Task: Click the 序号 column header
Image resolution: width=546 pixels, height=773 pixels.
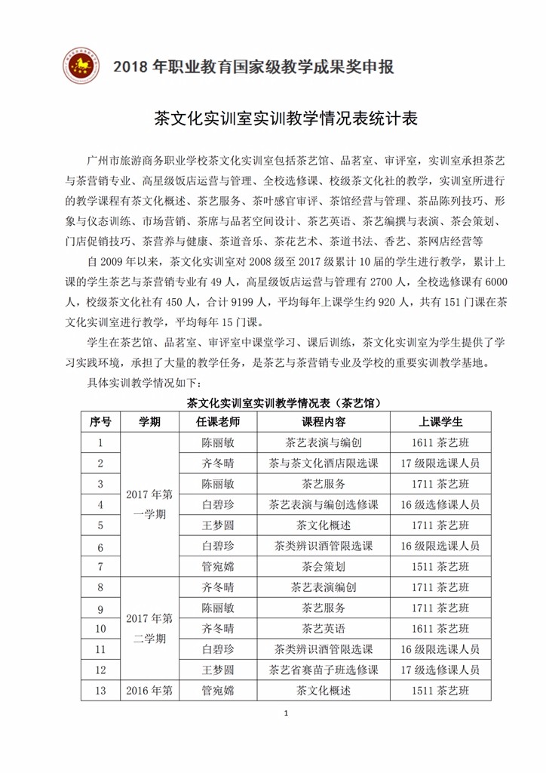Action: [100, 421]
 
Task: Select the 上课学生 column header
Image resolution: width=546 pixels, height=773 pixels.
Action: [440, 421]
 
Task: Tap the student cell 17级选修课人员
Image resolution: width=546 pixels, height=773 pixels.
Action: [440, 669]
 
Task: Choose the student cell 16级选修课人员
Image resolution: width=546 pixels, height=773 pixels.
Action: [440, 504]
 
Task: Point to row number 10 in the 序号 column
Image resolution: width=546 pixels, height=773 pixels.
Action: [100, 627]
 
